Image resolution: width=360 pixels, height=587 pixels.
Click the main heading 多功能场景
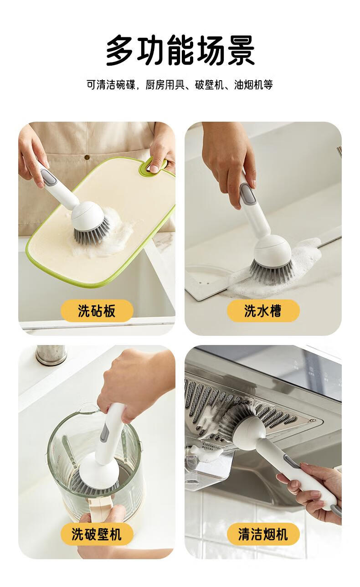[x=180, y=50]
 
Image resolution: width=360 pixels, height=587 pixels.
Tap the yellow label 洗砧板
[x=97, y=311]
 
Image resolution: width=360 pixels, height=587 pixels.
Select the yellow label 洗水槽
[x=263, y=311]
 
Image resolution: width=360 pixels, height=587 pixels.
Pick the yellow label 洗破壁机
[x=97, y=534]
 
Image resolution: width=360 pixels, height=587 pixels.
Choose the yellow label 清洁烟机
[x=263, y=534]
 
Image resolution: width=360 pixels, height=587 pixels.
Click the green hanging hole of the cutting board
[x=154, y=165]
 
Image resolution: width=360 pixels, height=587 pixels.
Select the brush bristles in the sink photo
[x=271, y=273]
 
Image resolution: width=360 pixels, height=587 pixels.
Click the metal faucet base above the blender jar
[x=51, y=355]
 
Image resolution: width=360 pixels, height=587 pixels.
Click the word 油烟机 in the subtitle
[x=249, y=85]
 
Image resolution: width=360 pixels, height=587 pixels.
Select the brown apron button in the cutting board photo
[x=87, y=158]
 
